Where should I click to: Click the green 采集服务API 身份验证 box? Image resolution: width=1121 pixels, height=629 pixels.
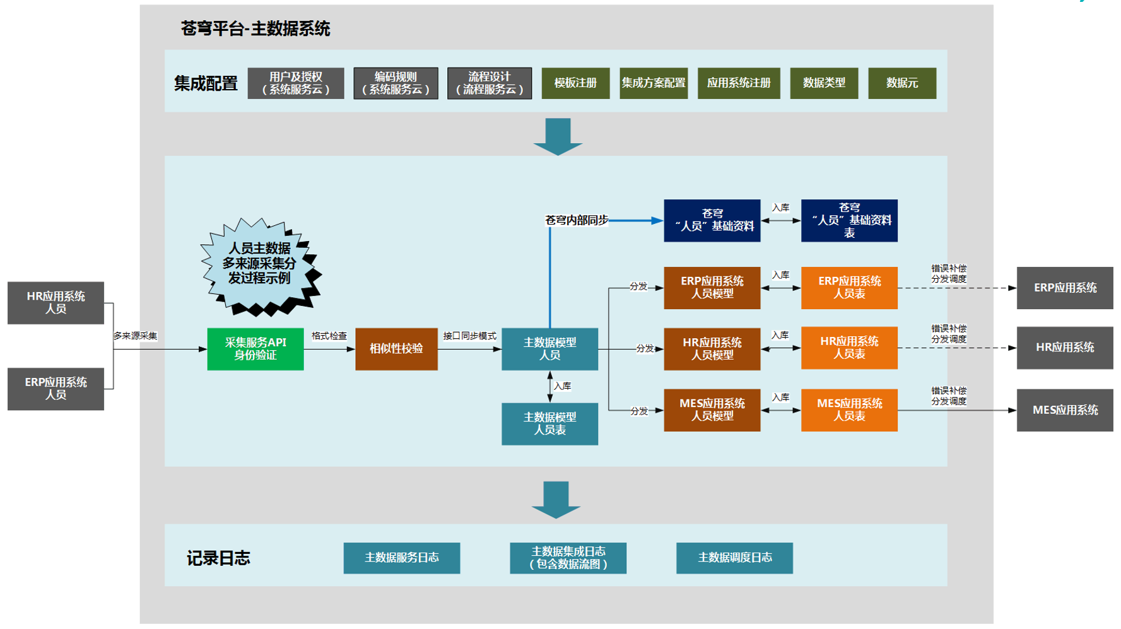click(255, 349)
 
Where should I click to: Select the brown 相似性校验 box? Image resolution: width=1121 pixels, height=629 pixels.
click(396, 349)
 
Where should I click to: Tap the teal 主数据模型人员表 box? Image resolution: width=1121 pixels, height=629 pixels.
click(549, 424)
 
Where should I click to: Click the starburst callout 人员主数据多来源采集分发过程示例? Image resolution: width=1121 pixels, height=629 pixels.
click(259, 264)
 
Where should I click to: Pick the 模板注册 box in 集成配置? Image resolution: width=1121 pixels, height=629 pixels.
click(575, 83)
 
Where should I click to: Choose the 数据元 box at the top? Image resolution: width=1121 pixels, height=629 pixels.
click(901, 83)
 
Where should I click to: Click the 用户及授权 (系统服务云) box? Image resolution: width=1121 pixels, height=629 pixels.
click(296, 83)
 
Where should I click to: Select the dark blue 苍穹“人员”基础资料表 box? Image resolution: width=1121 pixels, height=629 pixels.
click(849, 221)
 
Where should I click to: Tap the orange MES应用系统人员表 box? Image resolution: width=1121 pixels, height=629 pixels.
click(849, 410)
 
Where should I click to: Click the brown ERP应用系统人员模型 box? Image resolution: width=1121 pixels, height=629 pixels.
click(712, 288)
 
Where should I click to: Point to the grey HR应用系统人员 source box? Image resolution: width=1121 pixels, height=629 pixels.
click(56, 303)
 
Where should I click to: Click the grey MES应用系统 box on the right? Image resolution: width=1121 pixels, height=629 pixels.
click(1064, 410)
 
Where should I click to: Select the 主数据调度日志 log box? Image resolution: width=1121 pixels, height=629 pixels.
click(734, 558)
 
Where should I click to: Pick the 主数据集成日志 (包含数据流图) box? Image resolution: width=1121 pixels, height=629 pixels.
click(568, 558)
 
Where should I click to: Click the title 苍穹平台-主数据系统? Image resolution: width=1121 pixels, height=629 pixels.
click(255, 29)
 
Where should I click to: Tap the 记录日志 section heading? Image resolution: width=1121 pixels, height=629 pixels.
click(218, 558)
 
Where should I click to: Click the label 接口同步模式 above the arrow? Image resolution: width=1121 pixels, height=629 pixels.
click(469, 336)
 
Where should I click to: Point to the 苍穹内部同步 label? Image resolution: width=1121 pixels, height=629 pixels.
click(576, 220)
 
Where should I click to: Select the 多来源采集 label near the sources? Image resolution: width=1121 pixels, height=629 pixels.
click(135, 336)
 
